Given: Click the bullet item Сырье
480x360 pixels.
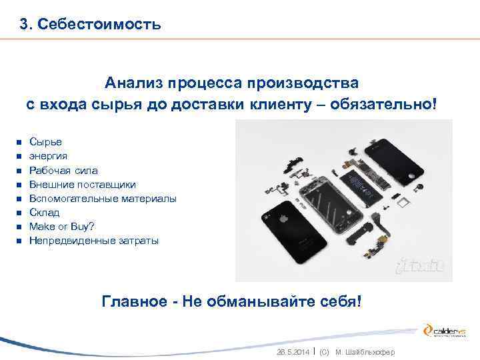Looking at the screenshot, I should pos(45,142).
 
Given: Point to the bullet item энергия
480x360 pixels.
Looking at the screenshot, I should pos(48,156).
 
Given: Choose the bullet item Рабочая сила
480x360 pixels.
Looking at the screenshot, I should pos(63,170).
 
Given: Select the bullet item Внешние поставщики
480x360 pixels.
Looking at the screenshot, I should pos(83,184).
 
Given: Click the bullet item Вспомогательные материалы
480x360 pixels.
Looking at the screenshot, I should pos(103,198).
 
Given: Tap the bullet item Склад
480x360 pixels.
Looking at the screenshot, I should pos(45,212).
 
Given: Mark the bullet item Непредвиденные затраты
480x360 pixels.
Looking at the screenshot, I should pos(94,240).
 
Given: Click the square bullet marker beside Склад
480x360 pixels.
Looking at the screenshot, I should pos(19,213).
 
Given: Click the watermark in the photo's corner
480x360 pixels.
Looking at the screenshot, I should pos(420,266).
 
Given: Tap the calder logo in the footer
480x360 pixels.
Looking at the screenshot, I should pos(446,331).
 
